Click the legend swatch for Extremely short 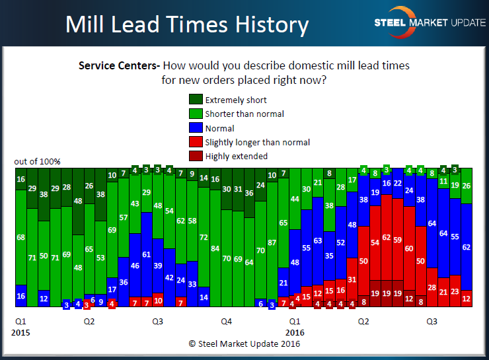coord(196,100)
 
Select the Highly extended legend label coord(236,156)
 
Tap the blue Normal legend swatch coord(196,128)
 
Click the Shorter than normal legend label coord(244,114)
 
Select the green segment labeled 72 coord(204,236)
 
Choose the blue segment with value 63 coord(318,240)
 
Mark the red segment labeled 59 coord(398,240)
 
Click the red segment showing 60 coord(409,248)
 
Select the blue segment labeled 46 coord(135,266)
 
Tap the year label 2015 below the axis coord(21,332)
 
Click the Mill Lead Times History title coord(187,24)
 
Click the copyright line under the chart coord(244,343)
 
